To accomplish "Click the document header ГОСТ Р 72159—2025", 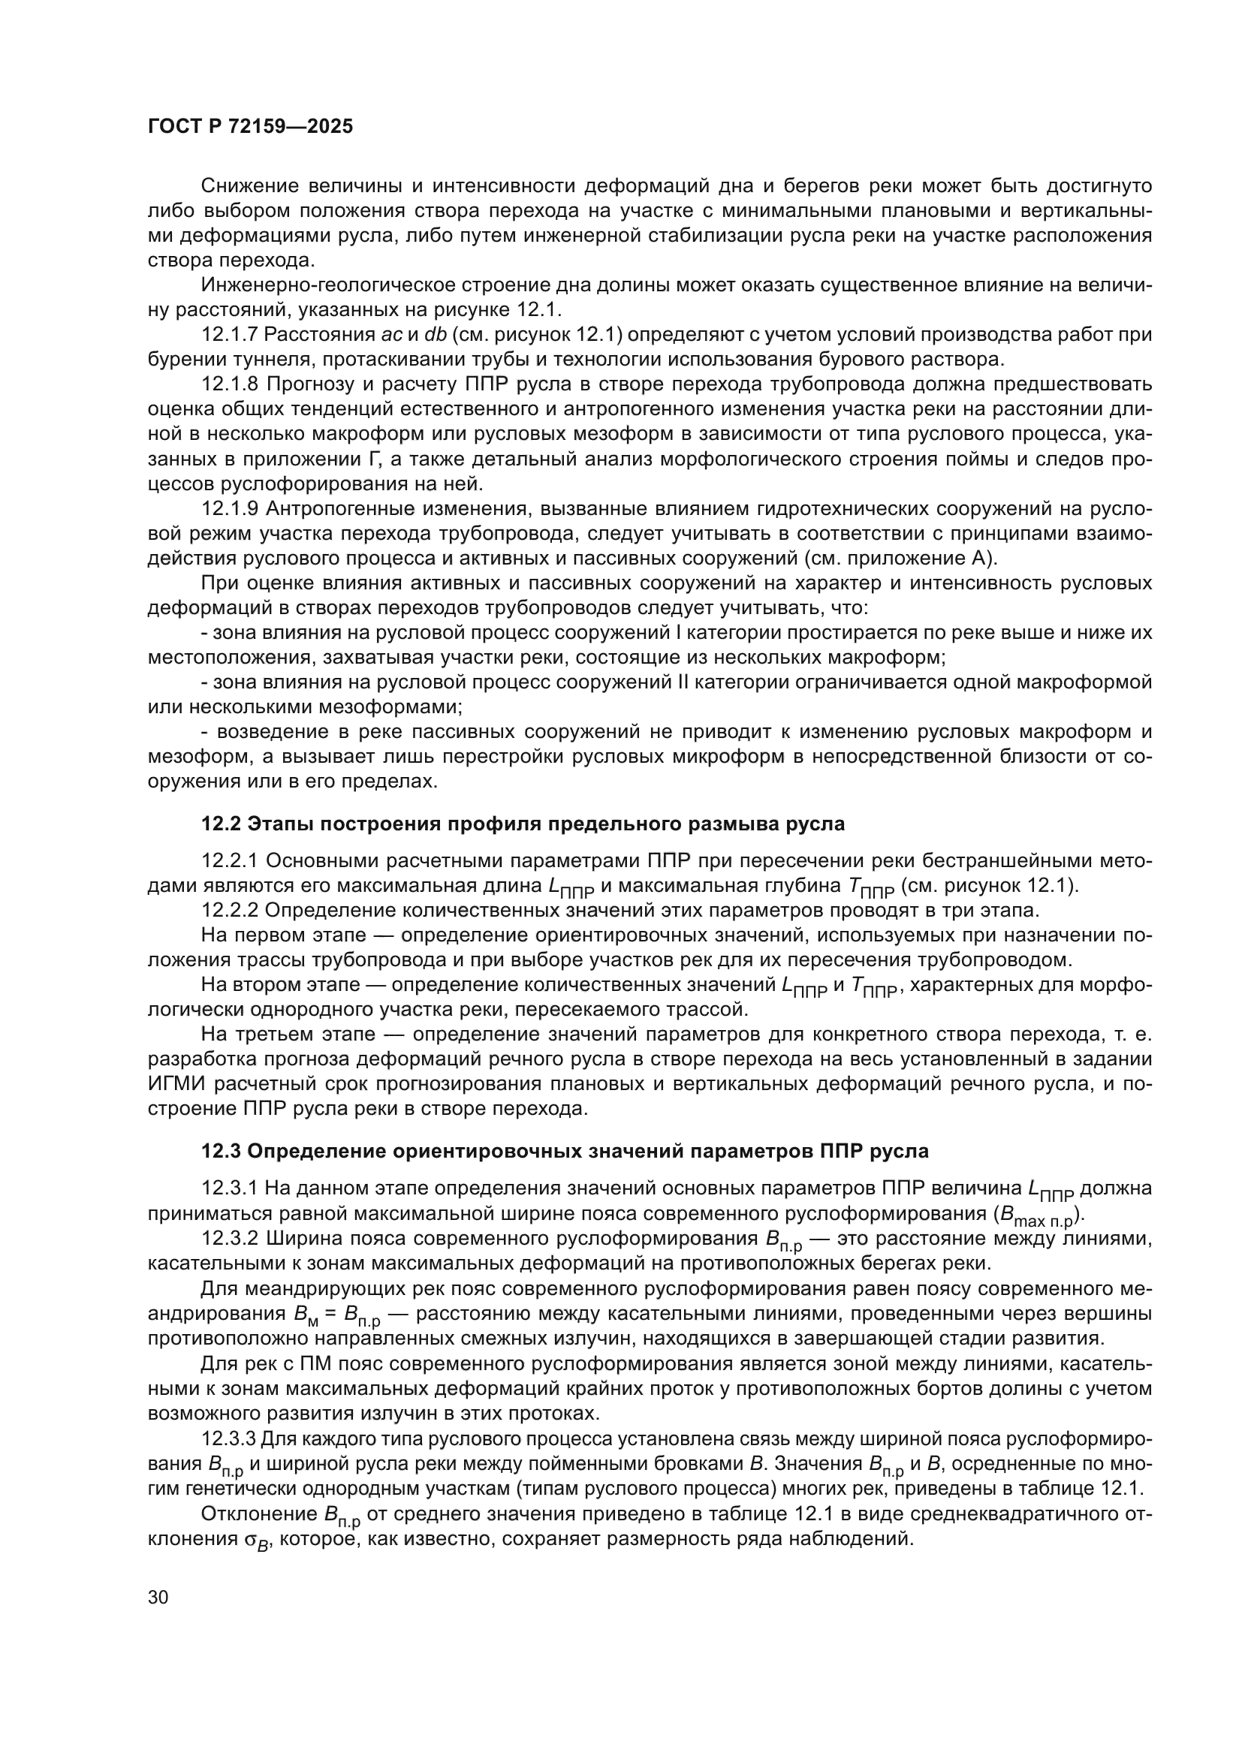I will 250,127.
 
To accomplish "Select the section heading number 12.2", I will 221,824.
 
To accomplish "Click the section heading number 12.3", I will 221,1151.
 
